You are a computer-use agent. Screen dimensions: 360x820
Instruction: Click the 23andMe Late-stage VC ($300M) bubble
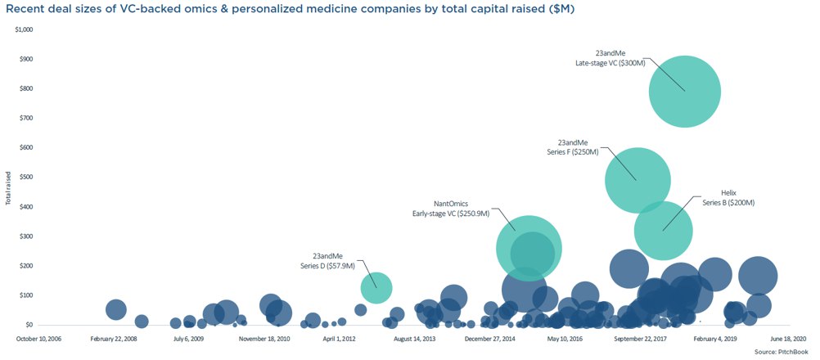tap(684, 91)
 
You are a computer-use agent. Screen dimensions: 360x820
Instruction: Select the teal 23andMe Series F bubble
tap(638, 180)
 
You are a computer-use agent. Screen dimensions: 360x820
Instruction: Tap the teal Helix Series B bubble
tap(664, 231)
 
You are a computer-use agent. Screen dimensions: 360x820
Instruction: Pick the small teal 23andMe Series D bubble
tap(376, 287)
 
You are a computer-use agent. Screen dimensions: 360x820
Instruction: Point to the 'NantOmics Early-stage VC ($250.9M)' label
tap(450, 208)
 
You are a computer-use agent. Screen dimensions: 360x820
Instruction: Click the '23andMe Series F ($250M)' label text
tap(572, 147)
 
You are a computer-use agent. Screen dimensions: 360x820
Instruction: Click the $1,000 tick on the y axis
tap(24, 29)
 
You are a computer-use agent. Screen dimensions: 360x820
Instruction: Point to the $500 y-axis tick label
tap(26, 178)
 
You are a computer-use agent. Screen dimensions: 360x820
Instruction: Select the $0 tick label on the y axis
tap(29, 325)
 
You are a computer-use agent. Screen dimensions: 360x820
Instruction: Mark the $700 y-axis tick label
tap(26, 119)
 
